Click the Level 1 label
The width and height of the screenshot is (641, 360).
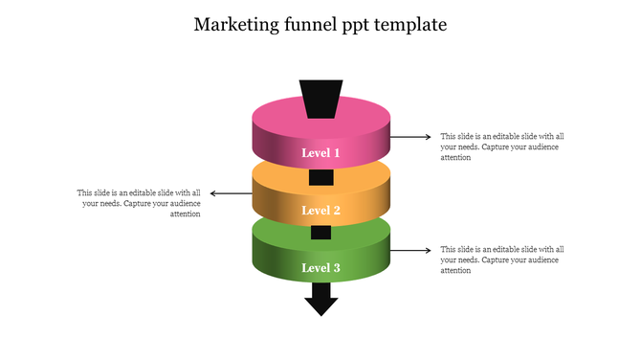click(x=320, y=153)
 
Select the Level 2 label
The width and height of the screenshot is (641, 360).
click(x=320, y=211)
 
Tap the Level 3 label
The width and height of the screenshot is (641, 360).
click(x=320, y=268)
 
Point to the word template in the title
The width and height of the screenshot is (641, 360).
click(x=411, y=25)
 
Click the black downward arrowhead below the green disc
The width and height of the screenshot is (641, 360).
click(x=320, y=304)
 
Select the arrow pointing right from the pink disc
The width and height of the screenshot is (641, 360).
click(x=411, y=137)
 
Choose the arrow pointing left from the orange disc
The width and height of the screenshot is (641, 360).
click(x=230, y=193)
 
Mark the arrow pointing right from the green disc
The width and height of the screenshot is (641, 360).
click(x=411, y=251)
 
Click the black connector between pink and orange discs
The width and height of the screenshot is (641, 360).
click(x=320, y=177)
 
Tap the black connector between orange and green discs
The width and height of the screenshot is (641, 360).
click(x=320, y=233)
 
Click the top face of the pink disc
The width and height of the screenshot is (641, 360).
click(x=277, y=120)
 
